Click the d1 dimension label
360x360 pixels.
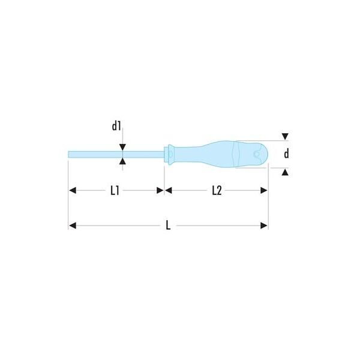(116, 126)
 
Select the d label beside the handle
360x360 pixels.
(286, 154)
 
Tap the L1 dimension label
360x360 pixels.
(115, 191)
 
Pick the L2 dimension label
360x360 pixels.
(217, 191)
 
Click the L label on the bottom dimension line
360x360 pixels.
(168, 226)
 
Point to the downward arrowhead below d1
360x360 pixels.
(122, 147)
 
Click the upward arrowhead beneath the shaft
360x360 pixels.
(122, 161)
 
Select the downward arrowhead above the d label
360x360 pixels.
(285, 136)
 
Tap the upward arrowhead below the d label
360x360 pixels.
(285, 172)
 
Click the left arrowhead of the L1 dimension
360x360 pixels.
(73, 190)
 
